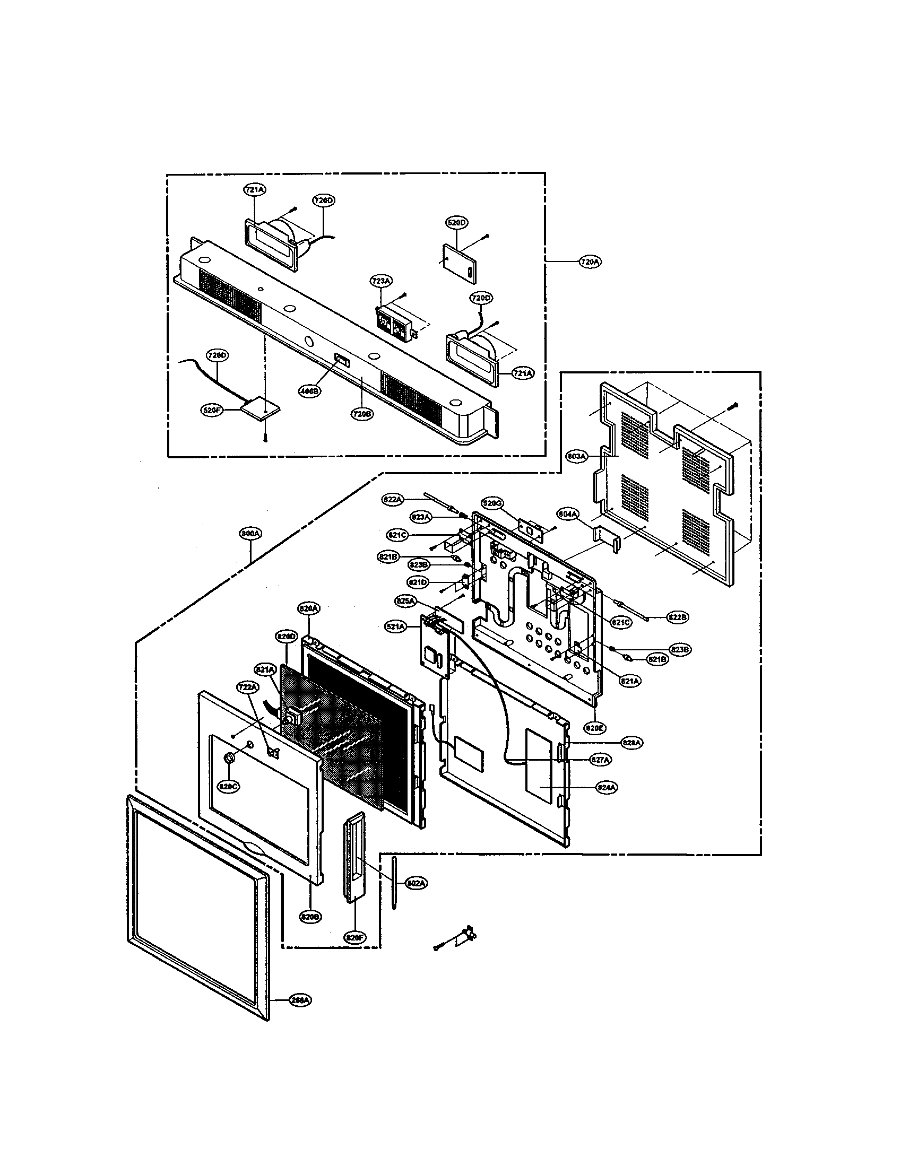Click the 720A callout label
[x=589, y=262]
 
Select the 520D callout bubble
[x=456, y=222]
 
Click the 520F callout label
[x=212, y=411]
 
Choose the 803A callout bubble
[x=577, y=456]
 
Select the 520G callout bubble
[x=493, y=502]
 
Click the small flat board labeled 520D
[x=460, y=262]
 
